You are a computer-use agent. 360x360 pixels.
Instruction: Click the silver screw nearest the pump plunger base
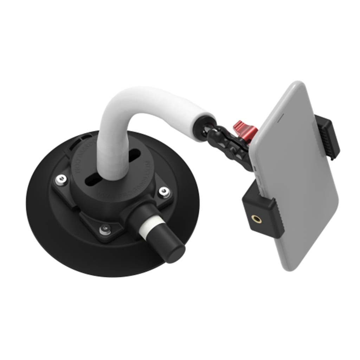163,192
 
